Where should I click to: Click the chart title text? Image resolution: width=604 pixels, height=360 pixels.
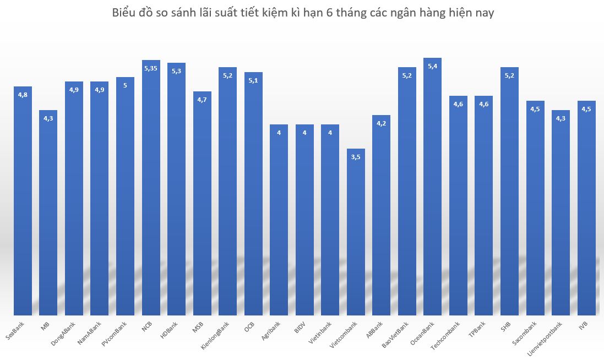coord(302,13)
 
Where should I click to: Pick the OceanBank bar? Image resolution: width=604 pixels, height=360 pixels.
coord(432,187)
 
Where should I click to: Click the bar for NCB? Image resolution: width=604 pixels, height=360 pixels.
coord(151,187)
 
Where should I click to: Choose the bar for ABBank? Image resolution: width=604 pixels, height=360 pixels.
coord(381,215)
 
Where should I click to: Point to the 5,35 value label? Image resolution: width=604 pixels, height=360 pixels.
coord(151,68)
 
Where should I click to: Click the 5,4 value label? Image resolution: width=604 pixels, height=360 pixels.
coord(432,66)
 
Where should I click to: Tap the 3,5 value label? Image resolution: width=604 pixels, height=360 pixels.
coord(356,157)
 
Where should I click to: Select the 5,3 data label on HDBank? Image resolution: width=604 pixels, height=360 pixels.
coord(176,71)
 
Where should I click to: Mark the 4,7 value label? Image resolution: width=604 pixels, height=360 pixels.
coord(202,100)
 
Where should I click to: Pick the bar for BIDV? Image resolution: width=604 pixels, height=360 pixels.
coord(304,220)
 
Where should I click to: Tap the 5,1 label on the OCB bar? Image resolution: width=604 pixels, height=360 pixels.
coord(253,80)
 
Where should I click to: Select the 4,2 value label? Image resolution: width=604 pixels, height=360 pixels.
coord(381,123)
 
